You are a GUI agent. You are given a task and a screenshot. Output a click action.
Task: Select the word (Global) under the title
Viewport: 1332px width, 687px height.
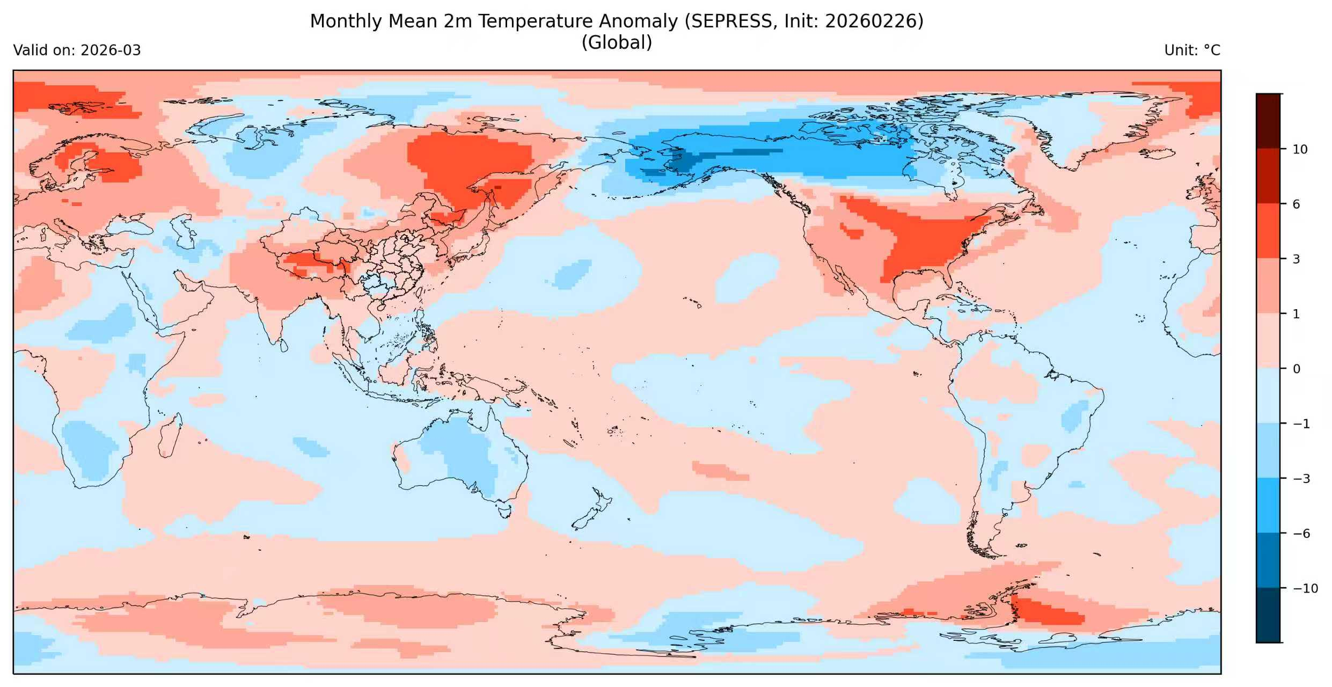[617, 42]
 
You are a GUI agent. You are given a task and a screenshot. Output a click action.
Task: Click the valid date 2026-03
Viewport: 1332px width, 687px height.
[111, 50]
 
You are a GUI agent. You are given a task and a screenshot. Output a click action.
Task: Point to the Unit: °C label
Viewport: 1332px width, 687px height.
[1192, 50]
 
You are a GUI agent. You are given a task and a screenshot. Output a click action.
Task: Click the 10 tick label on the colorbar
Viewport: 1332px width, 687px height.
[1300, 149]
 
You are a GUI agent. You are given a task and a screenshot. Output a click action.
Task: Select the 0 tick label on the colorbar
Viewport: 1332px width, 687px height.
[1297, 369]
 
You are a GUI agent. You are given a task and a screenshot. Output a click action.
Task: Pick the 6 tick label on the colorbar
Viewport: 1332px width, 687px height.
[1297, 204]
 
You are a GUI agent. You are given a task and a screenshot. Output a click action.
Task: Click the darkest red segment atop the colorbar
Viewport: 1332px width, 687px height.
[1268, 120]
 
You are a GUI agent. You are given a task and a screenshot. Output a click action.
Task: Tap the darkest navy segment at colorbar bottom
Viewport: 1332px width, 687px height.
[1268, 615]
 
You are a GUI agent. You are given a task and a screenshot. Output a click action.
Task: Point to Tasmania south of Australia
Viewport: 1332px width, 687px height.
[504, 508]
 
